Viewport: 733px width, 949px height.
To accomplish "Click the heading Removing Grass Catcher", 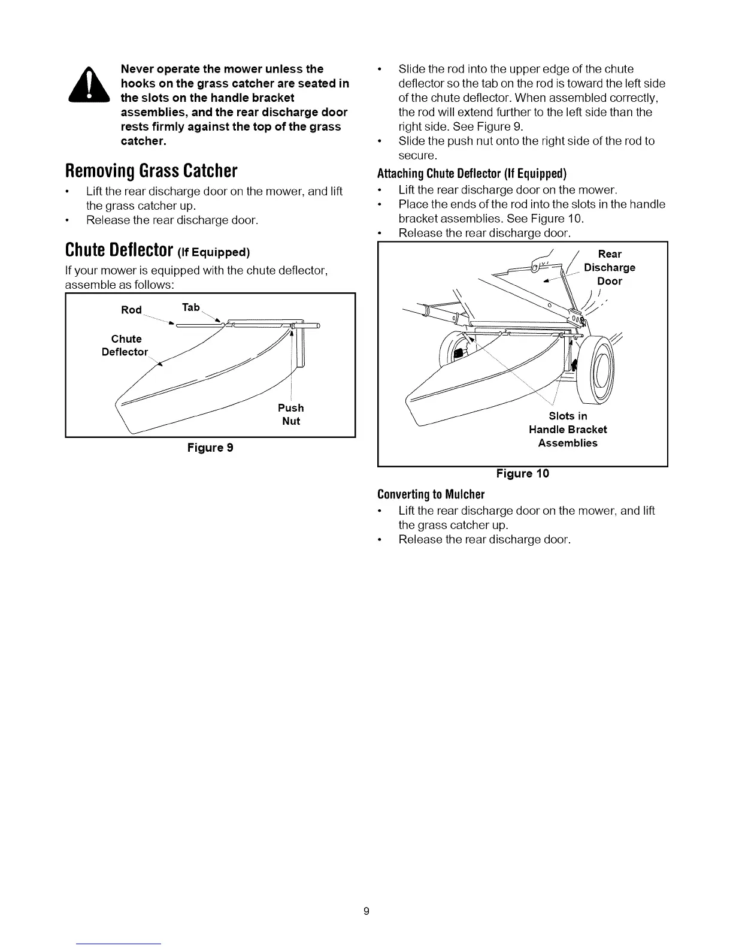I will pos(152,172).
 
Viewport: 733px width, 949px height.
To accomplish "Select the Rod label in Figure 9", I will pos(131,310).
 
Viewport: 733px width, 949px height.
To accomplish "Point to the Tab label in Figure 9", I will pos(191,307).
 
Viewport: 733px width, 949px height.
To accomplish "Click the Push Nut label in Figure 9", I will pos(291,414).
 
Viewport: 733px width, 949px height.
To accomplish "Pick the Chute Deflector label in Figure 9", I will pos(125,345).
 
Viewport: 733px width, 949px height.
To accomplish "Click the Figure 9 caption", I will pos(210,448).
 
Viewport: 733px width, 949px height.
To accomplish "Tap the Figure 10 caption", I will pos(522,474).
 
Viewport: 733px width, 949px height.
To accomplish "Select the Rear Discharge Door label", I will pos(610,267).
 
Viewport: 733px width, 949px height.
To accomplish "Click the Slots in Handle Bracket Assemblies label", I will pos(568,430).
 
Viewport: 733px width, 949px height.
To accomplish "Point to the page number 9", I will pos(366,912).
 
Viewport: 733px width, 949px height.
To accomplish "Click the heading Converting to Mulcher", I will pos(431,494).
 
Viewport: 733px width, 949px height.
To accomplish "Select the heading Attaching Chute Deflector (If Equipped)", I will pos(472,174).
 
